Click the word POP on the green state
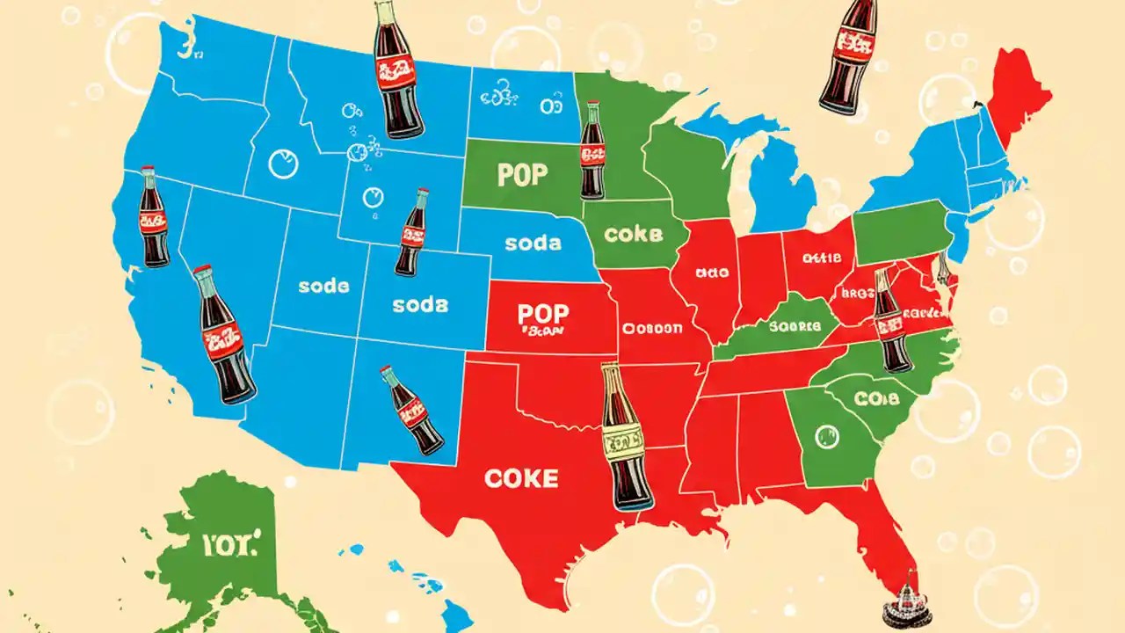[x=522, y=174]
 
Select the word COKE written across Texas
[x=520, y=477]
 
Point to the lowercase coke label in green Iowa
[x=633, y=235]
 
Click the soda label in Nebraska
[x=533, y=242]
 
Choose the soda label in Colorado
[x=419, y=305]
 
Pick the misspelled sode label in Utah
[x=323, y=287]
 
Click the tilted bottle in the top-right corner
[x=848, y=55]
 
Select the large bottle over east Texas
[x=627, y=437]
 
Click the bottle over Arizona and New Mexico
[x=412, y=411]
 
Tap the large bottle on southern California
[x=223, y=335]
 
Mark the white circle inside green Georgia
[x=825, y=434]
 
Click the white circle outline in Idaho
[x=283, y=164]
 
